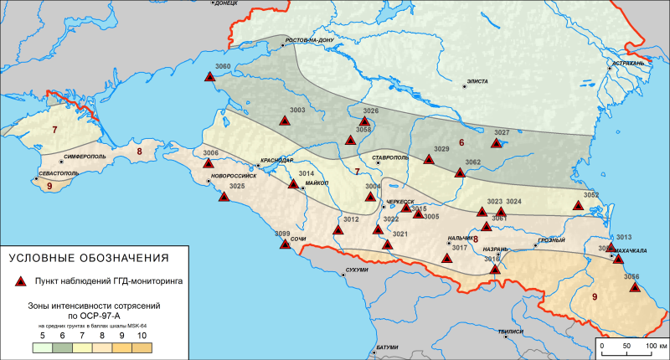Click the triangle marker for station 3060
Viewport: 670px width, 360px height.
(x=210, y=77)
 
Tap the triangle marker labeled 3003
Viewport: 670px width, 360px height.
(x=285, y=121)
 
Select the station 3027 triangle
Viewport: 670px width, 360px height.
(x=497, y=143)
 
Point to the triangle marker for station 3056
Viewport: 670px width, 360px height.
(x=635, y=288)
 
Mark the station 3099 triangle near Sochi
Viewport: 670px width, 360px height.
(x=285, y=244)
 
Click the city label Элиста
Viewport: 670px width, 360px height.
(x=478, y=82)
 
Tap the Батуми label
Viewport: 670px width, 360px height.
(x=387, y=347)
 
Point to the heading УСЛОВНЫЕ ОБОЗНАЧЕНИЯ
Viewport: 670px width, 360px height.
(x=88, y=256)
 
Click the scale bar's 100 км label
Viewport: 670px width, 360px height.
(x=655, y=344)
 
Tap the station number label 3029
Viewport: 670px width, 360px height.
(x=442, y=149)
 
